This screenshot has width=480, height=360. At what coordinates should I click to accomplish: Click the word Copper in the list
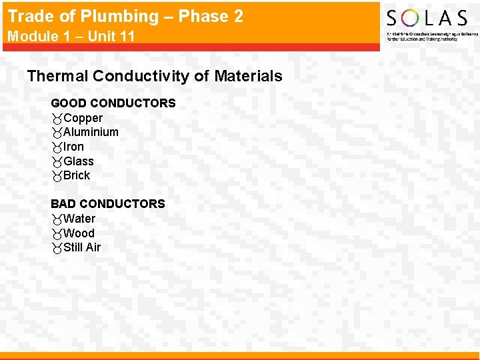point(83,118)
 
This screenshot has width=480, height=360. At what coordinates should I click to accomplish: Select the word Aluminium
point(91,132)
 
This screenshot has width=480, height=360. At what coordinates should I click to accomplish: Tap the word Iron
point(74,147)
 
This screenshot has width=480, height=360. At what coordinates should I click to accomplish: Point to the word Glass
point(79,161)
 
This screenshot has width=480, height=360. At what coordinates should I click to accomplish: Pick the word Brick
point(77,175)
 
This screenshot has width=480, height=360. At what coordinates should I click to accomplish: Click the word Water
point(79,219)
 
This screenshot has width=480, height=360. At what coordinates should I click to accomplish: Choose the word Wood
point(79,233)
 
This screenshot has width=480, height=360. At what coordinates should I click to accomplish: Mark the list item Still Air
point(82,247)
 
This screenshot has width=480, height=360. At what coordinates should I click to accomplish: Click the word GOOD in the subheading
point(68,103)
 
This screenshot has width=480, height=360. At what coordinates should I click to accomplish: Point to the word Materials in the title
point(247,76)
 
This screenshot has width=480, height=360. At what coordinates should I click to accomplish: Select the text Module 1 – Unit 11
point(71,36)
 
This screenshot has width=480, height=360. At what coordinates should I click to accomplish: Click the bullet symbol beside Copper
point(57,119)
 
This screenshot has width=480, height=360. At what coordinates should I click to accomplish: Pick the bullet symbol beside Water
point(57,219)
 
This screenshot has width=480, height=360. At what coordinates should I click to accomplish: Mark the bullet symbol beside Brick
point(57,176)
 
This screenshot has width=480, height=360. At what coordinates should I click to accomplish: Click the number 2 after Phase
point(238,16)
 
